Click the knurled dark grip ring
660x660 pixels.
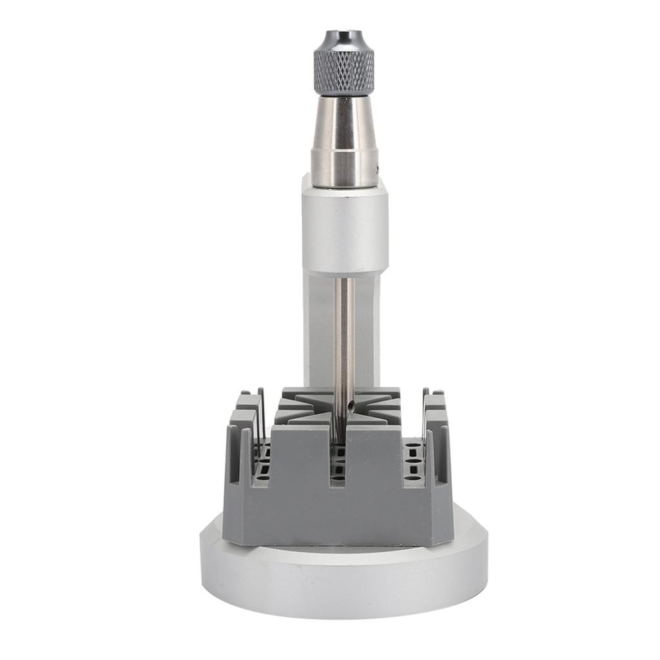click(x=344, y=72)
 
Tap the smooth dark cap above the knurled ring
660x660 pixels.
click(x=344, y=39)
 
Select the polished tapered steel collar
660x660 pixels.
click(x=344, y=142)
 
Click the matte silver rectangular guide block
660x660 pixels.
click(x=345, y=226)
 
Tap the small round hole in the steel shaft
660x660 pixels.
click(x=351, y=405)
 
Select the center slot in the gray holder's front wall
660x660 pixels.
click(x=338, y=464)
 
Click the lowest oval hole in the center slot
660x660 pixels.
click(x=338, y=478)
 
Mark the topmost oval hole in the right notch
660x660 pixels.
click(x=414, y=445)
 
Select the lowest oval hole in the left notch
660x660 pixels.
click(x=263, y=478)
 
